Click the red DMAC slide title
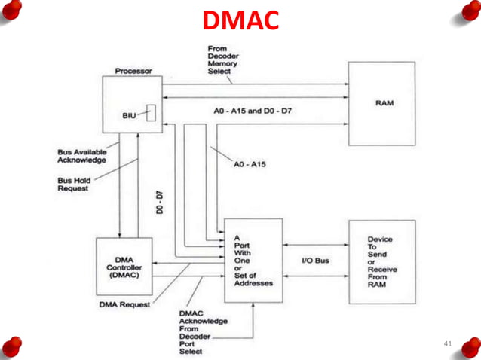tap(240, 21)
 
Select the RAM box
tap(382, 104)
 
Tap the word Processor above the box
tap(133, 71)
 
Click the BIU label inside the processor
tap(130, 115)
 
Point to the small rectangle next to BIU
tap(152, 112)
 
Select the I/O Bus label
tap(315, 261)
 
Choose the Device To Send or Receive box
tap(382, 261)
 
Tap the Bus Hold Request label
tap(74, 185)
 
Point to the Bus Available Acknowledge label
tap(82, 156)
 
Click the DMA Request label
tap(124, 305)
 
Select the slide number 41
tap(447, 343)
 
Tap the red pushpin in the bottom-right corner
tap(470, 347)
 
